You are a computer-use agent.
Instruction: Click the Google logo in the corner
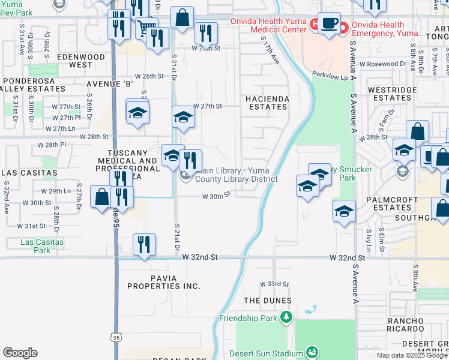(x=20, y=353)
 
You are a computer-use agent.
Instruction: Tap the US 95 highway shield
(x=116, y=338)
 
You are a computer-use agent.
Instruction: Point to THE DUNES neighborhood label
(x=268, y=301)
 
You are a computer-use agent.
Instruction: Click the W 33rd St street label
(x=274, y=284)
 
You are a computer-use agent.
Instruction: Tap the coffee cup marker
(x=328, y=23)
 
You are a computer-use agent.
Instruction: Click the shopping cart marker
(x=145, y=26)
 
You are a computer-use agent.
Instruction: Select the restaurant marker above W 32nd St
(x=144, y=245)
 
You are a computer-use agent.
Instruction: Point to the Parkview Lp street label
(x=330, y=75)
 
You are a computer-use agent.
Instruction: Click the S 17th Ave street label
(x=271, y=51)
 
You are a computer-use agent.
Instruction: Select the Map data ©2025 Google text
(x=412, y=355)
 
